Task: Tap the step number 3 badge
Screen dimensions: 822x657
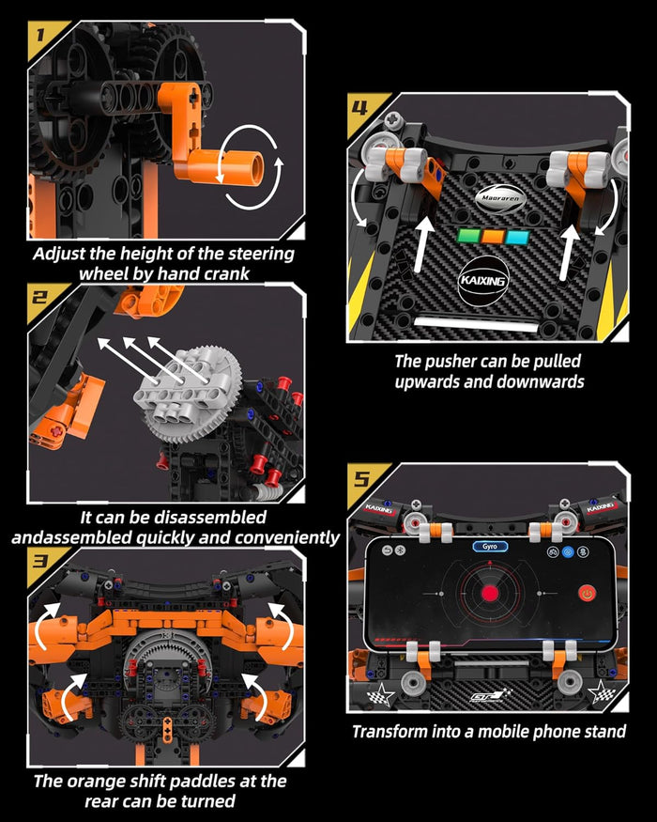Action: pyautogui.click(x=38, y=563)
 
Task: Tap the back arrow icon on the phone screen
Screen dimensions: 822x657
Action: pyautogui.click(x=384, y=547)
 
